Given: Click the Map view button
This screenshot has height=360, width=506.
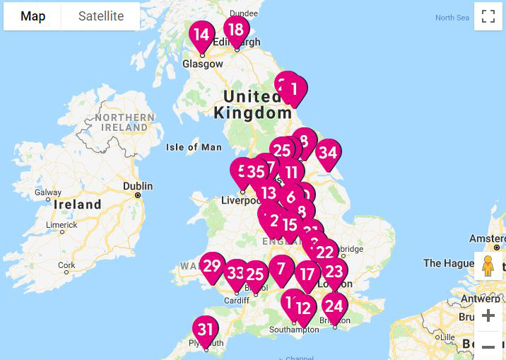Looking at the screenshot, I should tap(33, 16).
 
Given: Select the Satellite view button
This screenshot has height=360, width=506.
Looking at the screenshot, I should tap(100, 16).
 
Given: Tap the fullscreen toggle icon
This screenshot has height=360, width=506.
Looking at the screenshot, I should tap(488, 17).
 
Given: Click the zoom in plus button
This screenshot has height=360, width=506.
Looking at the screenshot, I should tap(488, 315).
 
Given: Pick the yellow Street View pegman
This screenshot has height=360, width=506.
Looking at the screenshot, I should tap(488, 267).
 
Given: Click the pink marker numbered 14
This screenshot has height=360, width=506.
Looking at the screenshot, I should tap(201, 35).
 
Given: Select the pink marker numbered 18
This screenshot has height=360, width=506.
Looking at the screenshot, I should tap(236, 30).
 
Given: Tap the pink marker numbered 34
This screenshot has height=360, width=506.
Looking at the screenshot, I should tap(328, 153).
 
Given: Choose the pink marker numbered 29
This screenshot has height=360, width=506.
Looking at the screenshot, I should tap(212, 266).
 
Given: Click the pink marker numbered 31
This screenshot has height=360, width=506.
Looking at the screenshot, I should tap(206, 330).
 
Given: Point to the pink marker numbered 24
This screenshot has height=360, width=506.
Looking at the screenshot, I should tap(334, 306).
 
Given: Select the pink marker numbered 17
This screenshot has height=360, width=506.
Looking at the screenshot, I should tap(307, 274).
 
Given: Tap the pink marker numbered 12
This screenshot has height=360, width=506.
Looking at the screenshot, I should tap(303, 308).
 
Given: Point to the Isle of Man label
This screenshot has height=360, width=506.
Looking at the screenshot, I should tap(193, 147).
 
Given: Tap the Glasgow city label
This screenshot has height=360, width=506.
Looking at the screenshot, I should tap(203, 64).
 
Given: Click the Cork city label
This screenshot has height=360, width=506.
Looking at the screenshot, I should tap(66, 266).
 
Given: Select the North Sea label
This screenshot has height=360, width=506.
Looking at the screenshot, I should tap(452, 18).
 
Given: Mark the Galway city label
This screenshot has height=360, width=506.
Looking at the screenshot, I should tap(48, 192).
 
